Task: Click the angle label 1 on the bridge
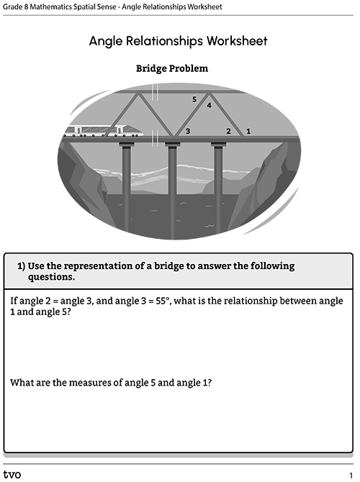pos(248,131)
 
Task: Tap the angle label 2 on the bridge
pos(228,131)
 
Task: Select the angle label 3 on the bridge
pos(188,131)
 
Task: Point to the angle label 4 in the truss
pos(210,106)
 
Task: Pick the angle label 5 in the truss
pos(194,99)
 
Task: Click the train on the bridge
pos(104,131)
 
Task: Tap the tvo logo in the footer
pos(12,474)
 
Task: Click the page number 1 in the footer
pos(351,476)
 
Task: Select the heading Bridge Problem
pos(172,68)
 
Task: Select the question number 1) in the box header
pos(21,266)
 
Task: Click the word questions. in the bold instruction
pos(51,277)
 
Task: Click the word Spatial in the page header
pos(84,6)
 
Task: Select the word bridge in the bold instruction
pos(168,266)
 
